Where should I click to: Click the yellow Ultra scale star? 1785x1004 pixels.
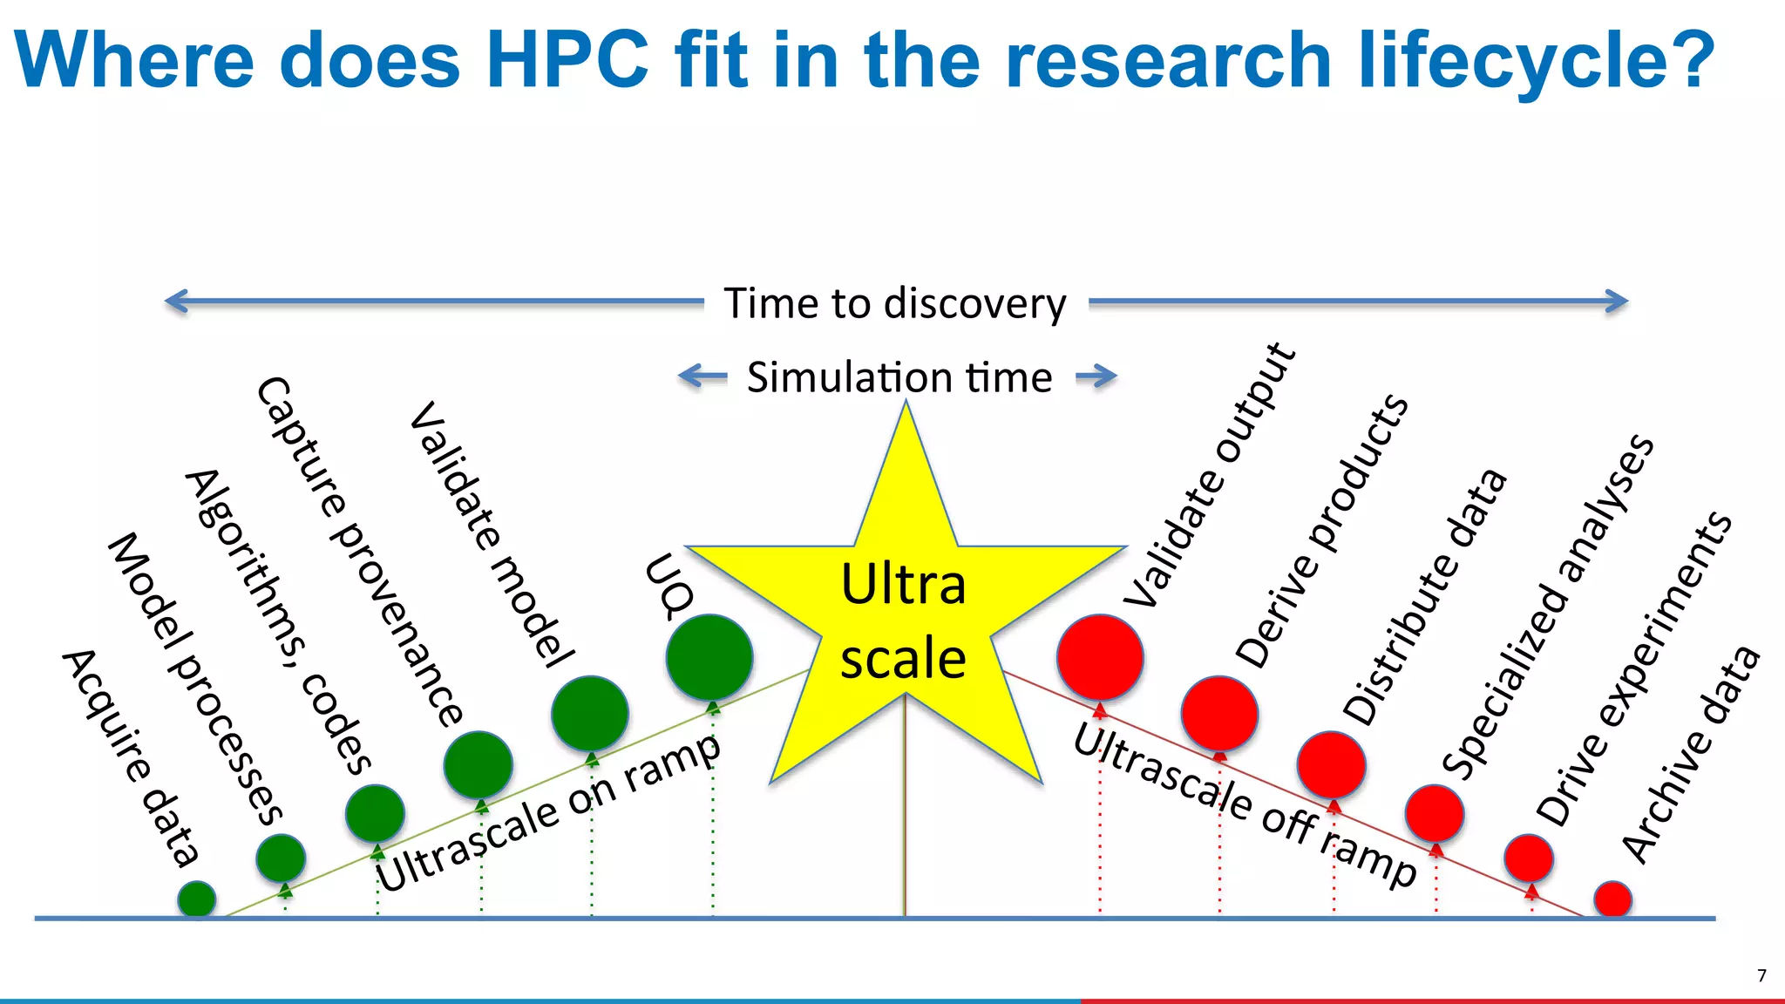pos(905,619)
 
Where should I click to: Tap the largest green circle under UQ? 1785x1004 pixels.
pos(709,657)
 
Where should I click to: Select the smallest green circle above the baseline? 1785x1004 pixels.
pos(197,899)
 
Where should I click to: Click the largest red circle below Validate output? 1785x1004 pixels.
pos(1100,657)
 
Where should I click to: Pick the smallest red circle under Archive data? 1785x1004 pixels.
pos(1612,899)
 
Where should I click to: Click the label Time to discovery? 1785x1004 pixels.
pos(895,303)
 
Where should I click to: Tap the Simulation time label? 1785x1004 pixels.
pos(899,377)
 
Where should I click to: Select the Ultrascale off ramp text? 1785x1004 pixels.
pos(1245,806)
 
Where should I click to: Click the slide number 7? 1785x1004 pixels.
pos(1761,975)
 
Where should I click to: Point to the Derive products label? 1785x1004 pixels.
pos(1321,532)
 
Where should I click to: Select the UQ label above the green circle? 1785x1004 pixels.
pos(669,586)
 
